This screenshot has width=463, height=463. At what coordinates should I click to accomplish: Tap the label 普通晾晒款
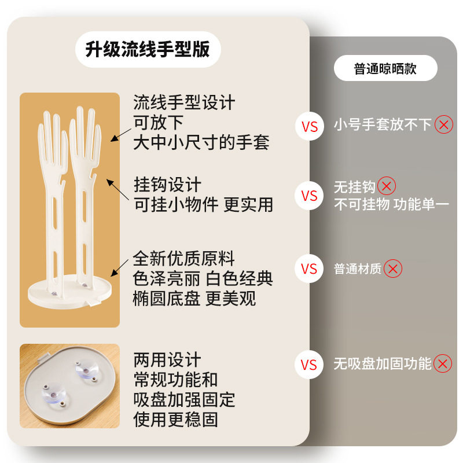click(385, 69)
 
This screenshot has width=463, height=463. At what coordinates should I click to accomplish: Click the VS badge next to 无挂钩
click(310, 196)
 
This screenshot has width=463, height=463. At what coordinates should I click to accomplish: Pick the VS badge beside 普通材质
click(310, 269)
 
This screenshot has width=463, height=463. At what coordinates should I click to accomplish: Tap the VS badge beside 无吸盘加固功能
click(310, 364)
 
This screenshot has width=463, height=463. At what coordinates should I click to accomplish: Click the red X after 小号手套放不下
click(444, 124)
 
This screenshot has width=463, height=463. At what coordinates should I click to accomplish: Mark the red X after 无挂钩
click(387, 186)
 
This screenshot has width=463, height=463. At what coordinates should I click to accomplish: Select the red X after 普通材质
click(393, 269)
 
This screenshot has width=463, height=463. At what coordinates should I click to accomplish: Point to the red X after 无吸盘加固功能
click(443, 364)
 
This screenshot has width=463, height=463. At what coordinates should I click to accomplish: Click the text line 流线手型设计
click(184, 103)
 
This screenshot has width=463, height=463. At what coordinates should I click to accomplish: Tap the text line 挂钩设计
click(167, 185)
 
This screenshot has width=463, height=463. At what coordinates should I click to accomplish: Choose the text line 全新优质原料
click(184, 258)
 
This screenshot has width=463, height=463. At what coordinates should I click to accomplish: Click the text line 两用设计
click(167, 360)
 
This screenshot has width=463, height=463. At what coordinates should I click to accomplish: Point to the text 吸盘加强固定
click(184, 399)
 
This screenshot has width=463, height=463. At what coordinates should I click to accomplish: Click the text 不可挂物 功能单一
click(391, 204)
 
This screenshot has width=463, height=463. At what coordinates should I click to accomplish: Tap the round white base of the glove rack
click(70, 293)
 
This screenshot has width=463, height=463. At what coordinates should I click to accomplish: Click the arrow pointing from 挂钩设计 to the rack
click(119, 190)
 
